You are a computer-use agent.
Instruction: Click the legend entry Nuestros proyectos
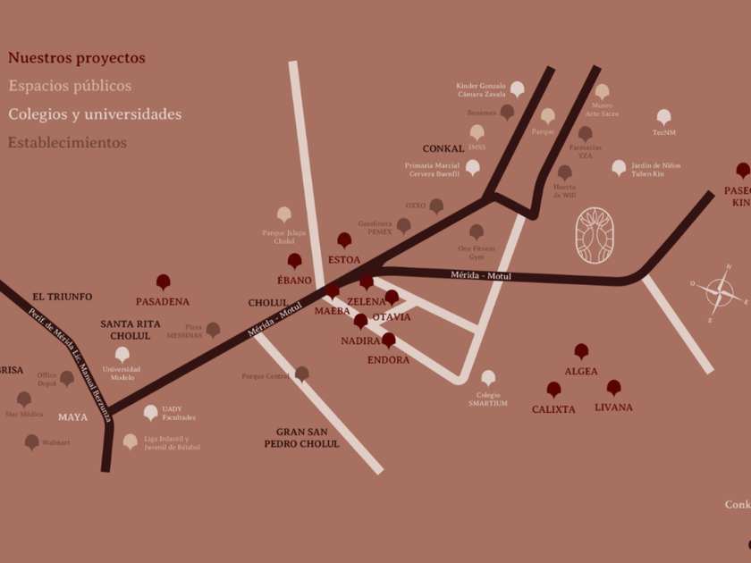[76, 58]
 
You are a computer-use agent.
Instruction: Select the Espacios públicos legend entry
[70, 86]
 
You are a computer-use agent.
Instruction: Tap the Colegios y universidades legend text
[94, 114]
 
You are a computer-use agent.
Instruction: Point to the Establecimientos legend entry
[67, 142]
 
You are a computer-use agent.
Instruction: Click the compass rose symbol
[719, 292]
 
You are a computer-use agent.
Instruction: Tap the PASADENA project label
[163, 302]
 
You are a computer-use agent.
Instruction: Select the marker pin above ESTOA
[344, 239]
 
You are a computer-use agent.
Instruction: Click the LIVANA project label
[613, 408]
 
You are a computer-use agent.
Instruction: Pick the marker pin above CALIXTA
[553, 389]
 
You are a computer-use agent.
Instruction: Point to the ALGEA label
[581, 372]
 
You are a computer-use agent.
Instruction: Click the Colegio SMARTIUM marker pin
[488, 377]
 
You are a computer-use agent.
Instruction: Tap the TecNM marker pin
[663, 116]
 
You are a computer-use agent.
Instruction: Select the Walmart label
[55, 442]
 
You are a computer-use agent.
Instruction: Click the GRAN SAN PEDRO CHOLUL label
[301, 438]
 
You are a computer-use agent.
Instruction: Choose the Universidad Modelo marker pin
[122, 354]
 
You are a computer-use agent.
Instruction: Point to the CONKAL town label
[443, 149]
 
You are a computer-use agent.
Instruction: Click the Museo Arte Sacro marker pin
[602, 91]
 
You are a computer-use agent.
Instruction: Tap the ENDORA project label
[388, 360]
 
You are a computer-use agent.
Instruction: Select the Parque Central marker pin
[302, 374]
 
